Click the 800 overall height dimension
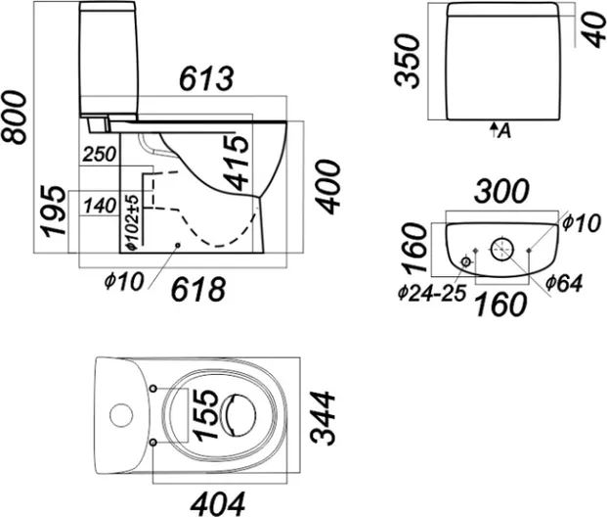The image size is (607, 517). tap(14, 115)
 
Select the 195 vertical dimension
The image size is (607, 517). tap(57, 211)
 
